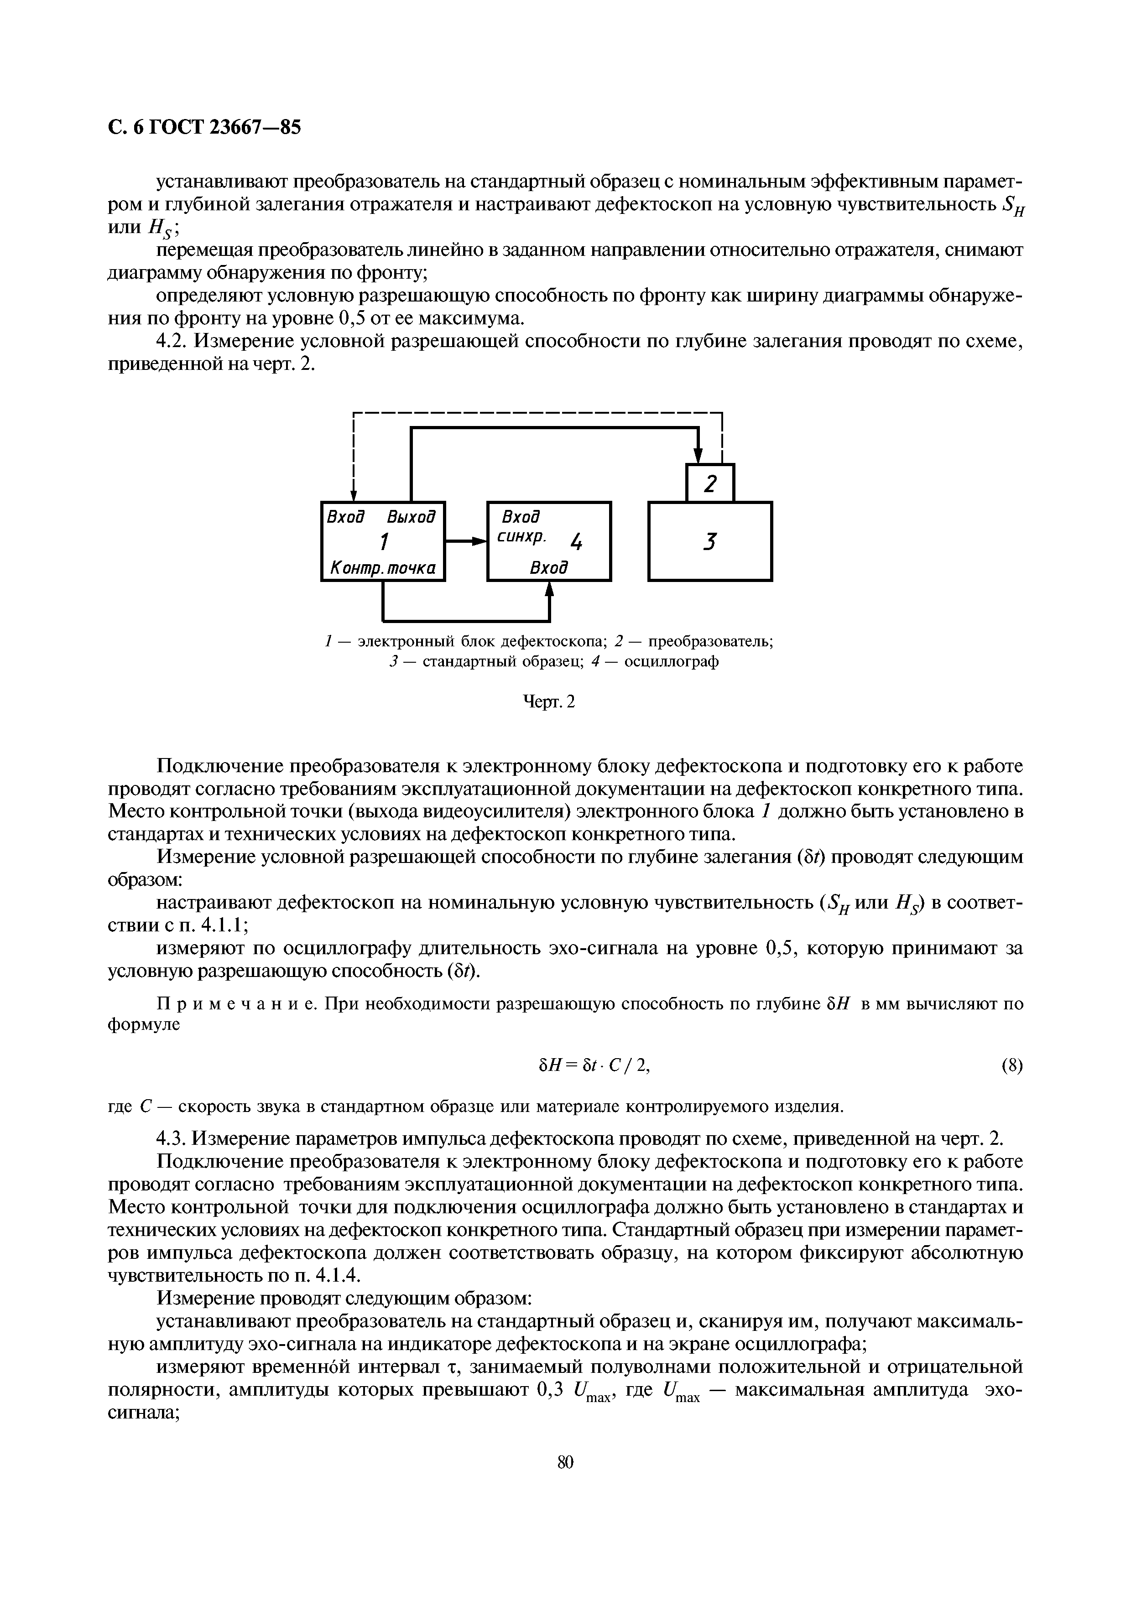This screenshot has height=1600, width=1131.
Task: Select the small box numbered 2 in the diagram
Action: coord(710,483)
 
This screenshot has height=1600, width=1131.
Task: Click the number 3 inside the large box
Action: coord(709,541)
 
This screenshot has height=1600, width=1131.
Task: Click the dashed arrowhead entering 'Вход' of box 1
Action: coord(354,494)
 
